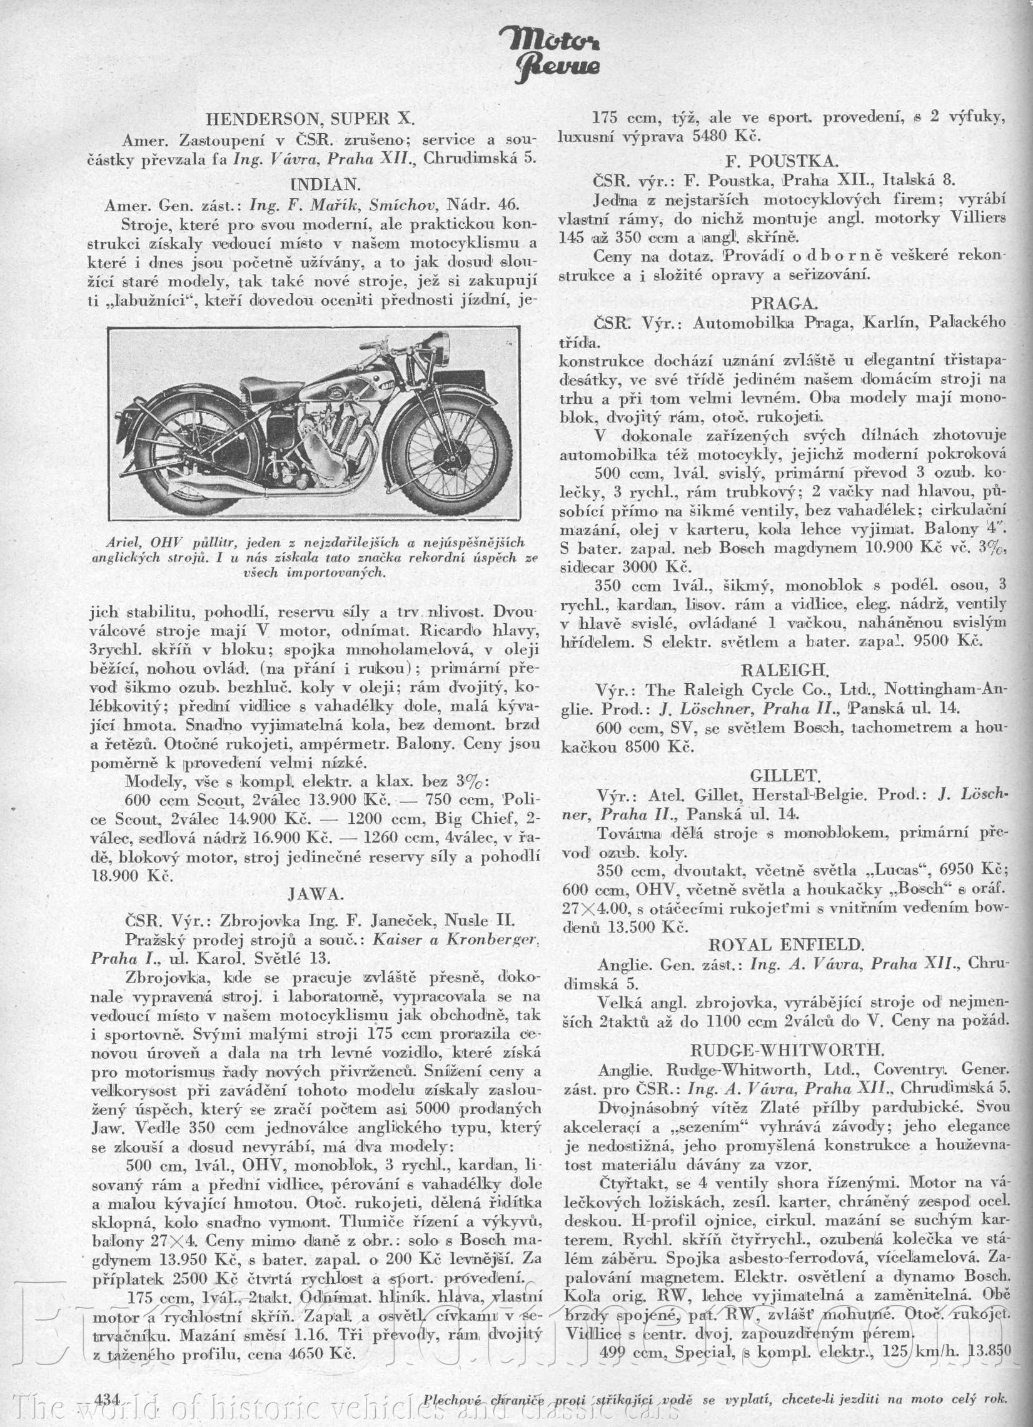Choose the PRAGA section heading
(x=783, y=304)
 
